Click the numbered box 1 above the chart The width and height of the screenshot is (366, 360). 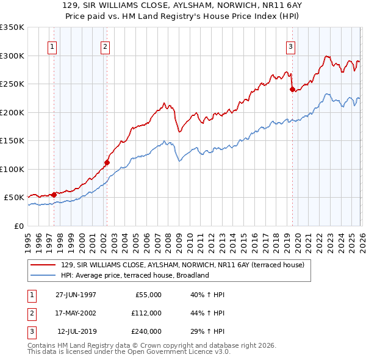coord(52,46)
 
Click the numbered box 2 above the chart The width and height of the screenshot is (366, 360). coord(105,46)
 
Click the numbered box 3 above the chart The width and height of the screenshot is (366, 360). coord(290,46)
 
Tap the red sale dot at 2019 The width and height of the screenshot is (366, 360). coord(292,90)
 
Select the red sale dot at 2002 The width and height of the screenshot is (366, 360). coord(107,162)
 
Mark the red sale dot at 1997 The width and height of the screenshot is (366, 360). coord(54,195)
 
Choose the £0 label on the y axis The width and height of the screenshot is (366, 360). coord(18,226)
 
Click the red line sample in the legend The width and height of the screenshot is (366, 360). coord(44,265)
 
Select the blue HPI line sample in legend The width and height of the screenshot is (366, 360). coord(44,275)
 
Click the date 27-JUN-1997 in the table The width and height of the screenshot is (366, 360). coord(76,295)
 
